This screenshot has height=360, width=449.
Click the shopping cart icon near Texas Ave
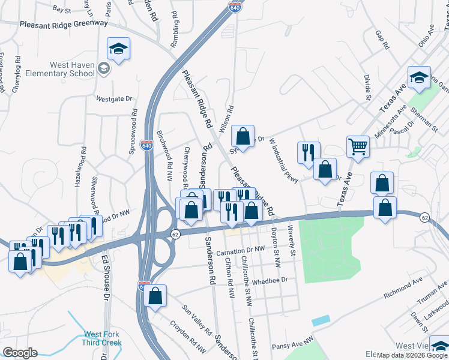[x=358, y=146]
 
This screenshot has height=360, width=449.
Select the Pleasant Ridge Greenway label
[x=64, y=24]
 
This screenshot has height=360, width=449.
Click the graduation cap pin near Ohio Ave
[x=420, y=77]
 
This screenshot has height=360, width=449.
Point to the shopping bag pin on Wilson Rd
[x=243, y=136]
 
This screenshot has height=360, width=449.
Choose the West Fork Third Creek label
[x=103, y=338]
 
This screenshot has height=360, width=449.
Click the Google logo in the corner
[x=20, y=352]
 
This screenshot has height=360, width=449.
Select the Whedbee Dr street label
[x=270, y=280]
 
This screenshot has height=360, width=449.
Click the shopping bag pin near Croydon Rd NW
[x=155, y=296]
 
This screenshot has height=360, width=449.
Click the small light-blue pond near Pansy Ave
[x=321, y=320]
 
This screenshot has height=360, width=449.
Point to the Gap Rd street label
[x=382, y=40]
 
